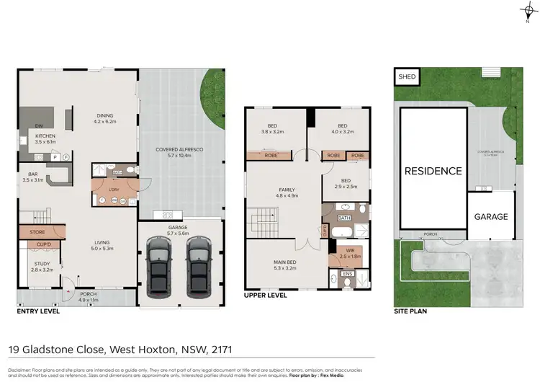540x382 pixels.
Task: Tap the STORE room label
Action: [x=37, y=232]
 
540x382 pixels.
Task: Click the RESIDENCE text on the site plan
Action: [x=433, y=171]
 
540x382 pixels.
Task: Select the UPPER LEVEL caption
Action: [x=266, y=296]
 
